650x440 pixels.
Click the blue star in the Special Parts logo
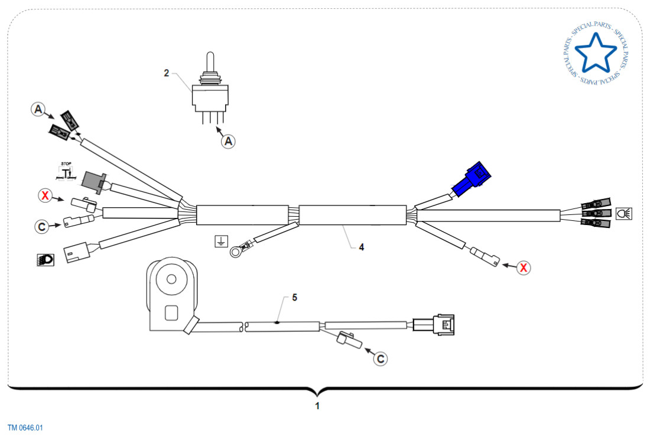595,51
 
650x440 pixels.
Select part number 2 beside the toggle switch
167,73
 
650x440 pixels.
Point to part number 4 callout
361,247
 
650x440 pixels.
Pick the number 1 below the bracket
317,406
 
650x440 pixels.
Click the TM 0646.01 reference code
25,428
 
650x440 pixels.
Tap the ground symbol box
220,241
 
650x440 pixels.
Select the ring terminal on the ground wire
238,253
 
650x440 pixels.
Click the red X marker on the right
523,268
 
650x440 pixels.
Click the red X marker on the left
45,195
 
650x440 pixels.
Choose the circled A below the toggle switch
229,141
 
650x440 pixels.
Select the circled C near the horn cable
381,358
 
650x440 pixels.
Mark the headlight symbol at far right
623,213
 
